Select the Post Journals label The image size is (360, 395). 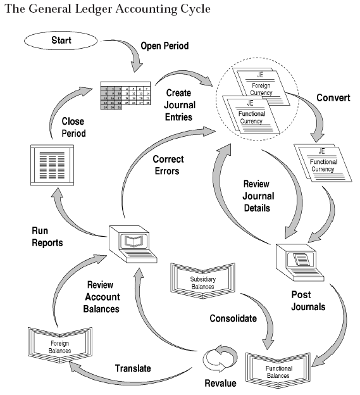point(308,301)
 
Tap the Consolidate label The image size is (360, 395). point(233,318)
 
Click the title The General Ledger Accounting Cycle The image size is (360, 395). point(105,9)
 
